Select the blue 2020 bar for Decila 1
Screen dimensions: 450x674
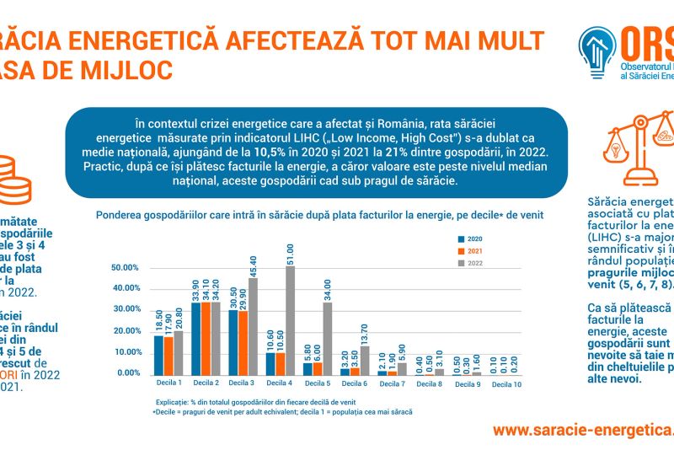[x=158, y=355]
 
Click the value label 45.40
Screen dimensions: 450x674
[x=254, y=266]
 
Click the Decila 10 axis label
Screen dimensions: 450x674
[x=507, y=383]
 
